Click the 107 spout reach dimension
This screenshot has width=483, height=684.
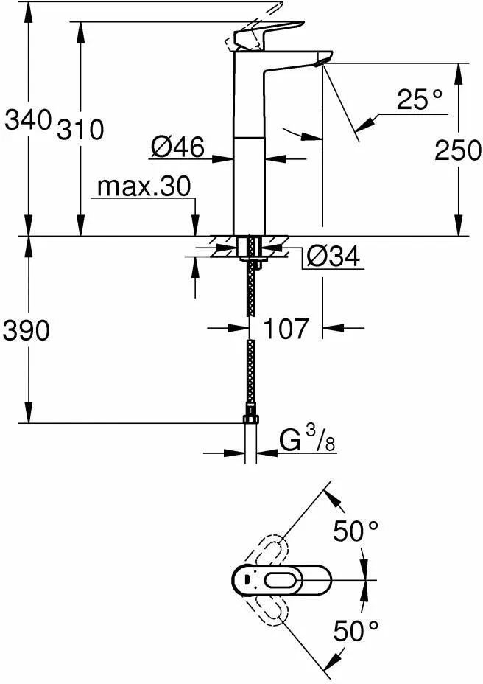[x=286, y=329]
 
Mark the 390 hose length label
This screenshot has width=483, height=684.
[x=27, y=331]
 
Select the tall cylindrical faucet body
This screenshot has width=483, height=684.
[x=248, y=147]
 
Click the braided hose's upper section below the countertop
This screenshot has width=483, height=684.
[x=251, y=295]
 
